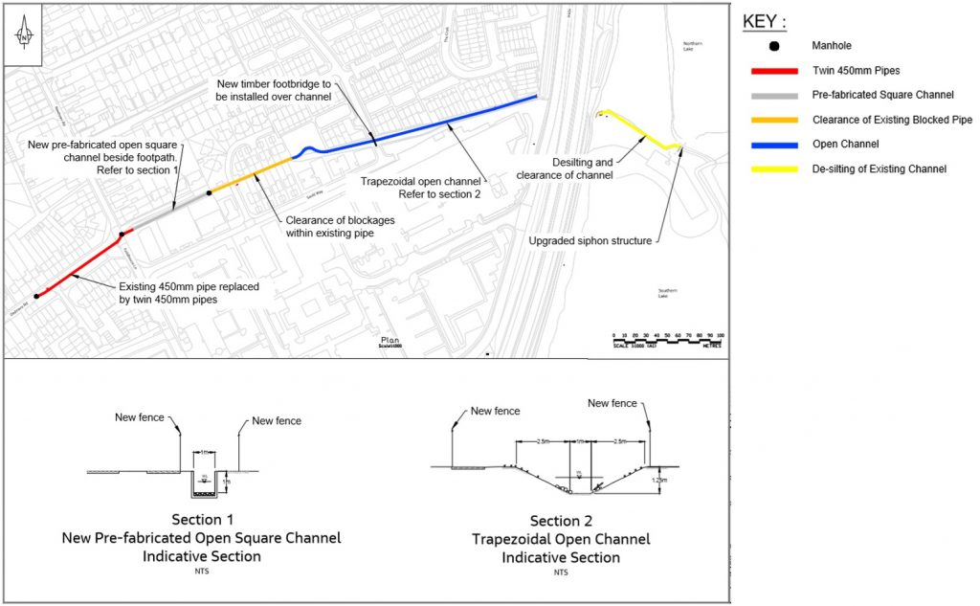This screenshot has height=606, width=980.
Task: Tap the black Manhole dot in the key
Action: tap(773, 46)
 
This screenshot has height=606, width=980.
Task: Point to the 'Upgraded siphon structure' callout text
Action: tap(590, 240)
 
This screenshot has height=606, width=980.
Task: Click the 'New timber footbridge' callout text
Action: tap(272, 91)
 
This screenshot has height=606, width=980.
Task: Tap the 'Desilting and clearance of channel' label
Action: tap(565, 168)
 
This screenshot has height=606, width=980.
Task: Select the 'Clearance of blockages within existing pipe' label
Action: tap(342, 226)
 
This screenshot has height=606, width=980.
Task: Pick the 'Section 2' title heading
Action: tap(561, 521)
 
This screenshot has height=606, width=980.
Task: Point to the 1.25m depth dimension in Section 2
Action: tap(657, 480)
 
